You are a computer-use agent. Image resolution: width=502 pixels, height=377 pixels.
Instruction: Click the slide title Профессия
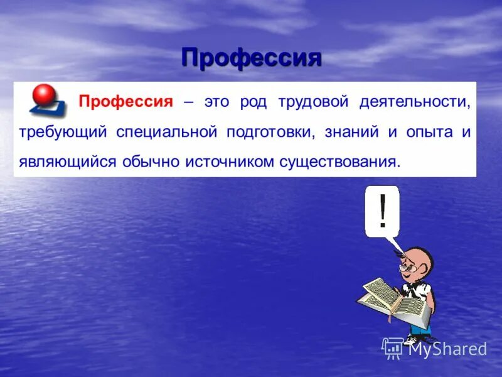tap(251, 58)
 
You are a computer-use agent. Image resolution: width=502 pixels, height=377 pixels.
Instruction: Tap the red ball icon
tap(44, 96)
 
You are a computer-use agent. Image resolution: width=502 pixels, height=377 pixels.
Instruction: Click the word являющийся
tap(68, 162)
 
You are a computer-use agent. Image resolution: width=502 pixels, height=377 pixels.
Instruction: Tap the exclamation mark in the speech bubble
tap(382, 211)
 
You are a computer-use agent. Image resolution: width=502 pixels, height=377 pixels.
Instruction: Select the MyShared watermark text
tap(447, 349)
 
